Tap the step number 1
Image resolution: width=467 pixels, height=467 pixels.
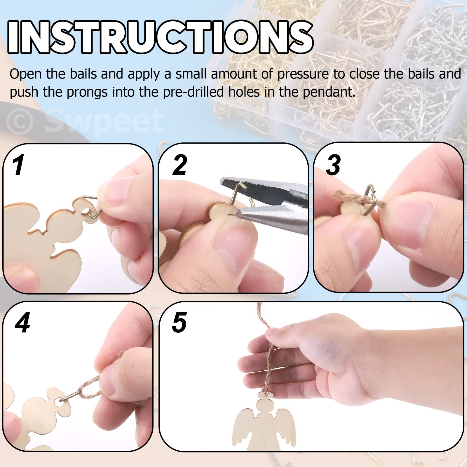point(18,165)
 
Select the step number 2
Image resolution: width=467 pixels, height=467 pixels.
point(180,165)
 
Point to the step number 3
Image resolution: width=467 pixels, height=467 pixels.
point(333,165)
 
